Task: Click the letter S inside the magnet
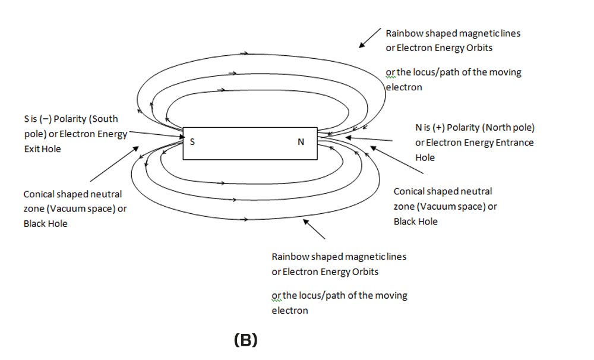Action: click(192, 142)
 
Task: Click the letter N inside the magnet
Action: click(301, 142)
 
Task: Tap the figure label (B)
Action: click(246, 340)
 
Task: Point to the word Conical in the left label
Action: click(40, 194)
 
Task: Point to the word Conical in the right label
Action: click(410, 191)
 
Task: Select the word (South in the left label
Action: click(106, 118)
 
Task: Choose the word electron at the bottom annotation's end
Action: click(290, 310)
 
